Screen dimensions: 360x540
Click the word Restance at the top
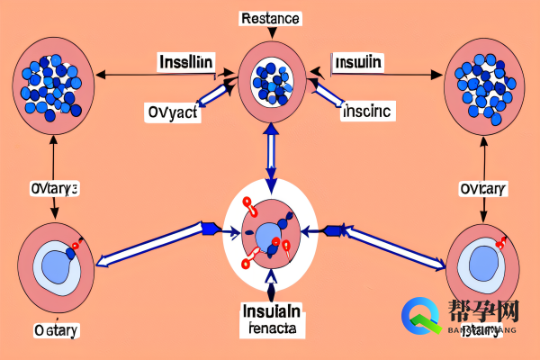[x=270, y=17]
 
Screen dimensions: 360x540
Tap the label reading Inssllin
[x=185, y=63]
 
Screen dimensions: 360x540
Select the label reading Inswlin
[x=357, y=63]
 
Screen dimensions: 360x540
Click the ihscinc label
[x=368, y=112]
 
